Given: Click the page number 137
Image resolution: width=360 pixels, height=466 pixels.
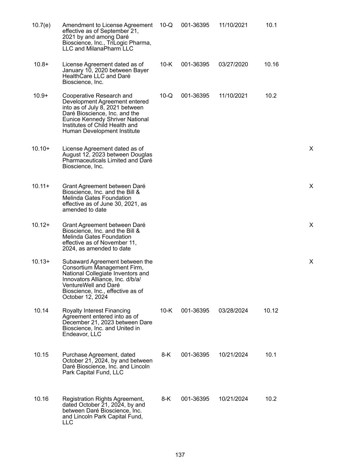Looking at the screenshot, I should point(180,455).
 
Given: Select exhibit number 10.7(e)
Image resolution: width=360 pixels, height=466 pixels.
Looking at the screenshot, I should point(41,25).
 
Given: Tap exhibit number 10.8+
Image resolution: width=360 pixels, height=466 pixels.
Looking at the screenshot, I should point(41,65).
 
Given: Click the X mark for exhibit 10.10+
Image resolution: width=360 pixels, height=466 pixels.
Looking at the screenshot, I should point(311,149).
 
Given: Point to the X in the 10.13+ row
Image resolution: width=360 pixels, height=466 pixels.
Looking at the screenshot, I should point(311,262).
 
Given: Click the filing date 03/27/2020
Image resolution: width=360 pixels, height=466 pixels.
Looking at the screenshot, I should point(233,65).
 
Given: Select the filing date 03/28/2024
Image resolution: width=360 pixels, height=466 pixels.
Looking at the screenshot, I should point(233,311).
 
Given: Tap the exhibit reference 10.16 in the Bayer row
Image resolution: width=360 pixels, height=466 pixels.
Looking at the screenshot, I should point(271,65).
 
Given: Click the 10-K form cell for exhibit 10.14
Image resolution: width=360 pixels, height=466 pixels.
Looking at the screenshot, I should point(166,311).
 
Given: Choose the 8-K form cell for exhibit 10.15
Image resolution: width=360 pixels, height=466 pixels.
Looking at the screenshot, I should point(166,355).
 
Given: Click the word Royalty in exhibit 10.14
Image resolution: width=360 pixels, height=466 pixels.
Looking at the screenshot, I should point(72,311).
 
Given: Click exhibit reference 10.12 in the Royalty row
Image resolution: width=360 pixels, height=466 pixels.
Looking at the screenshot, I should point(271,311).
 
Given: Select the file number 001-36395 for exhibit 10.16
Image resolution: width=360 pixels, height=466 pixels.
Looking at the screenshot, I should point(195,399).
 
